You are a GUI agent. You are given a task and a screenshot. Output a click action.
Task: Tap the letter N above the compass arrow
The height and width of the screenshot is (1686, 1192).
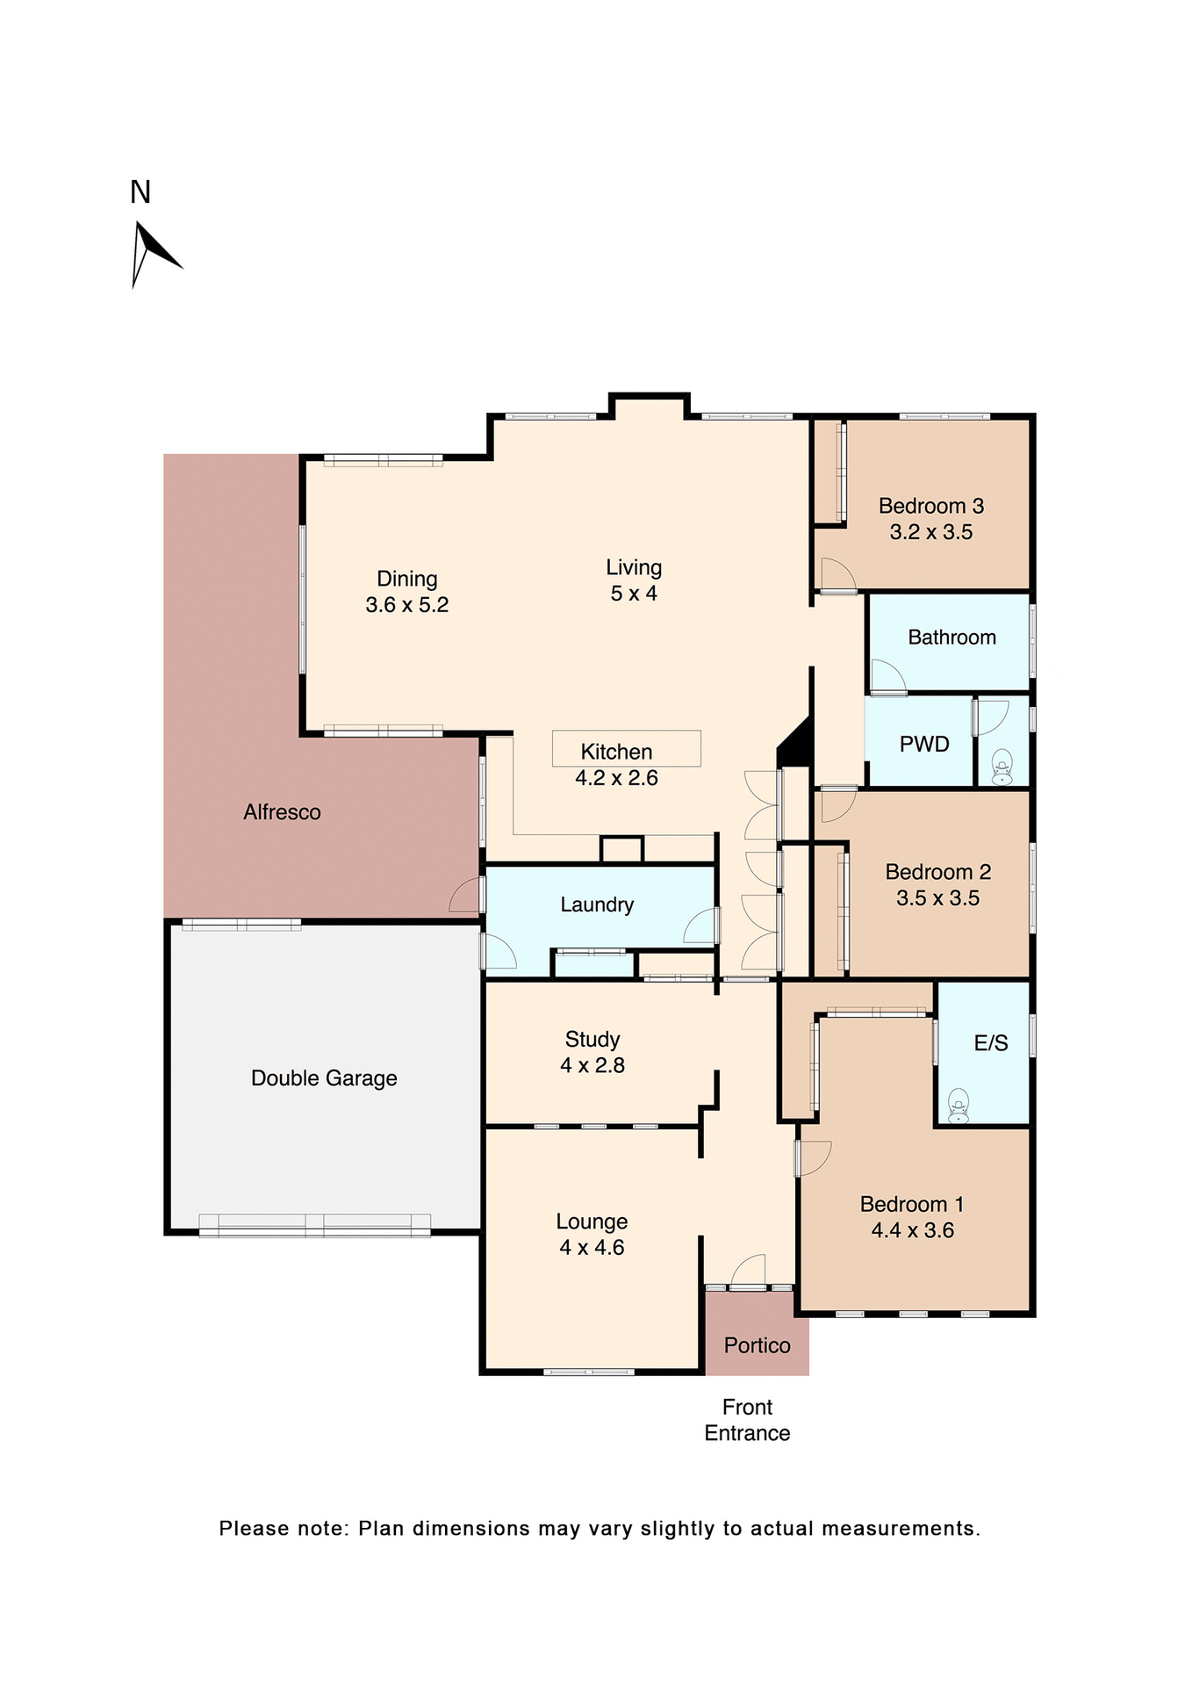140,192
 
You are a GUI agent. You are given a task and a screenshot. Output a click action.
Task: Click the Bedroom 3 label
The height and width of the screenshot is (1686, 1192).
930,506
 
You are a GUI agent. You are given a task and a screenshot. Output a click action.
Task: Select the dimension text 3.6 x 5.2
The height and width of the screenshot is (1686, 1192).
406,605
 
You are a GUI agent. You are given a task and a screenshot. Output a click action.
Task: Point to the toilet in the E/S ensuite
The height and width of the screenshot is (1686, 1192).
958,1106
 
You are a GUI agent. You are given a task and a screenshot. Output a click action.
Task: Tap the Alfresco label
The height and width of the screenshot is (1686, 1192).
282,812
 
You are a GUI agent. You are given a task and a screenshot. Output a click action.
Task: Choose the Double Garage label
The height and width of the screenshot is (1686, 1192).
324,1078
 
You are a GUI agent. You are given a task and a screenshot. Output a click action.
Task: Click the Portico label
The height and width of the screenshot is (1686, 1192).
757,1345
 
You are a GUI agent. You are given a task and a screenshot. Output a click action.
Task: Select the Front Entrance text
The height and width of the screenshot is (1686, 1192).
747,1420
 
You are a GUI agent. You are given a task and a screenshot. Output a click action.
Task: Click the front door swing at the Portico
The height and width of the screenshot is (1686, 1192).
748,1272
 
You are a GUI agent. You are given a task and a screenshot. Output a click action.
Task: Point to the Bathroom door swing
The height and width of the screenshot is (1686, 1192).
887,676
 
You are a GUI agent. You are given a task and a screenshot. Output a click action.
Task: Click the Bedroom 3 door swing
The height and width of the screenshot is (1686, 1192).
837,574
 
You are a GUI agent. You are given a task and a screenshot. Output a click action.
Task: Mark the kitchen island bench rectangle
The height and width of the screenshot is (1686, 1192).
626,748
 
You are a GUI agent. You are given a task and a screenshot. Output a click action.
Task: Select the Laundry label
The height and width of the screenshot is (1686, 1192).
597,904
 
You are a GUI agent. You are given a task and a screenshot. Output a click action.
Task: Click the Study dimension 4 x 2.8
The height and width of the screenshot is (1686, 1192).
592,1065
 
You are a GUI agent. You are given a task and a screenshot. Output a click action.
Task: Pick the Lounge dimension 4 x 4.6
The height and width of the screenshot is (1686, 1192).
592,1248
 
